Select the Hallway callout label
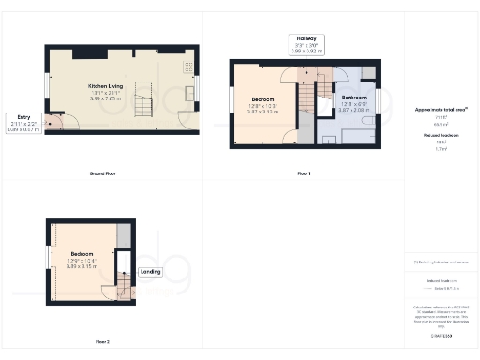306,41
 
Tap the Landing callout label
151,272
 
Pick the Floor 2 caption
102,341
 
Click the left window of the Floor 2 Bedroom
49,259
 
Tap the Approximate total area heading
441,110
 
